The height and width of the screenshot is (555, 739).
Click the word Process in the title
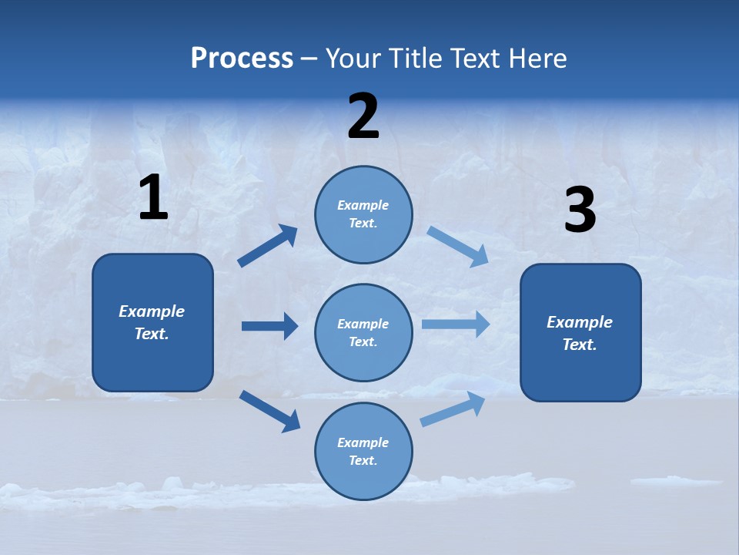(x=242, y=58)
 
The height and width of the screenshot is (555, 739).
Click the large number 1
(x=153, y=198)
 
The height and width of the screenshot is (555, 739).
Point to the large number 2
(x=363, y=116)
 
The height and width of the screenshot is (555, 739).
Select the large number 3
(x=580, y=210)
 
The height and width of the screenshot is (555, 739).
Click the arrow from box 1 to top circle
(x=268, y=246)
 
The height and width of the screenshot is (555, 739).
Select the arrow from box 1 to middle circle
(x=269, y=326)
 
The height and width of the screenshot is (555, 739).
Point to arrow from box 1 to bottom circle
(x=269, y=411)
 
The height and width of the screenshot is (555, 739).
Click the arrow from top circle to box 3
(x=457, y=247)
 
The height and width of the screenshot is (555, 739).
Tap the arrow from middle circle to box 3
(x=456, y=325)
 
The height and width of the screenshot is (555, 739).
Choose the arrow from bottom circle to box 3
(x=453, y=409)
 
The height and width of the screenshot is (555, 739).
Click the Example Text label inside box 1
(x=152, y=322)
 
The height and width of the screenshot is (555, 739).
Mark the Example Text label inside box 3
(x=580, y=333)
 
